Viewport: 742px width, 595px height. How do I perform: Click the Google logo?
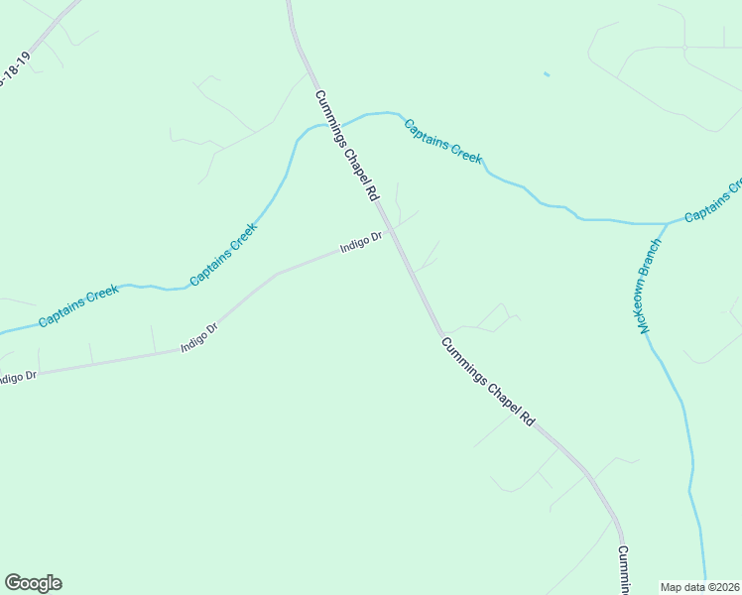pos(33,583)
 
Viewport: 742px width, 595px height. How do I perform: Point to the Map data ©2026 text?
pos(700,587)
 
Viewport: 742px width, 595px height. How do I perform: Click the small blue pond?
pos(547,73)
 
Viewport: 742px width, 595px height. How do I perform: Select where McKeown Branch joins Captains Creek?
pos(667,224)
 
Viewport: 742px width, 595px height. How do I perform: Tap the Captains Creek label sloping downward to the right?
pos(442,140)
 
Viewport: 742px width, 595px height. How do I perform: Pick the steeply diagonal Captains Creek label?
pos(223,254)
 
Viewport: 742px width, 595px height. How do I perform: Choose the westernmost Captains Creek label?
pos(79,306)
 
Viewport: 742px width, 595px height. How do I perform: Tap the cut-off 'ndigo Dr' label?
pos(17,377)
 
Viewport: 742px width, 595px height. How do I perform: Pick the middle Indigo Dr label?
pos(198,337)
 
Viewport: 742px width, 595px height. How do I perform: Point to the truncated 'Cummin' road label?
pos(623,569)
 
